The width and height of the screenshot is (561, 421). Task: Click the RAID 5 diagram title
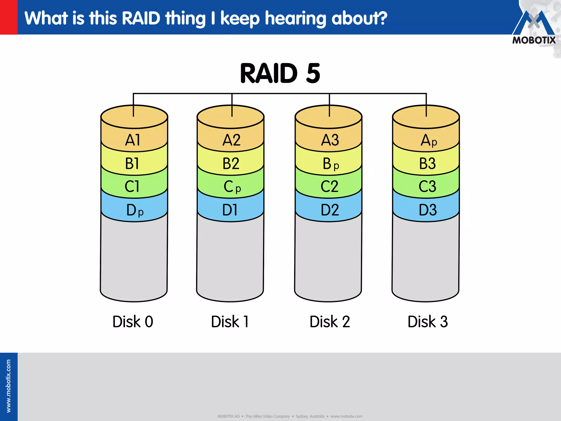(x=280, y=73)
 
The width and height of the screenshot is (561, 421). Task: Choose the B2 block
(x=231, y=164)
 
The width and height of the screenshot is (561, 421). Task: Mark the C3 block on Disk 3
(x=427, y=187)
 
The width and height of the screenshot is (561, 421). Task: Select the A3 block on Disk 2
(x=330, y=140)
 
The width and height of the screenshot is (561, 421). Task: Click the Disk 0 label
(x=133, y=322)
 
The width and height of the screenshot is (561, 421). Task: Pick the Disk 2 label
(x=330, y=322)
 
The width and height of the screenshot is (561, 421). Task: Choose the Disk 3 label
(x=428, y=322)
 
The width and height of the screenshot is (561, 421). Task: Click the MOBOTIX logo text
(x=534, y=40)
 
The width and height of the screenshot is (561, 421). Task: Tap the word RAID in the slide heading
(x=141, y=18)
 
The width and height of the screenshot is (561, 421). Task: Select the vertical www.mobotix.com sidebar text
(x=8, y=386)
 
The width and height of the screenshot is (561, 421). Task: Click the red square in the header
(x=9, y=17)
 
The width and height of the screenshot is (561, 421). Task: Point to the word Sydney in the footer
(x=302, y=416)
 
